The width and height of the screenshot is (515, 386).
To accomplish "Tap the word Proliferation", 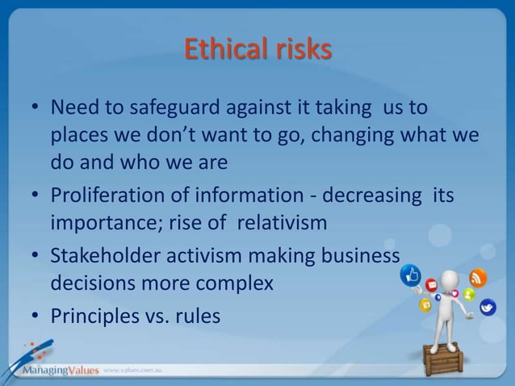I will (107, 197).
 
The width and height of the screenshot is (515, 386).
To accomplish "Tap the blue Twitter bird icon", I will (488, 308).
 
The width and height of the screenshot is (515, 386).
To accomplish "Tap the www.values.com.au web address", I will (134, 371).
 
